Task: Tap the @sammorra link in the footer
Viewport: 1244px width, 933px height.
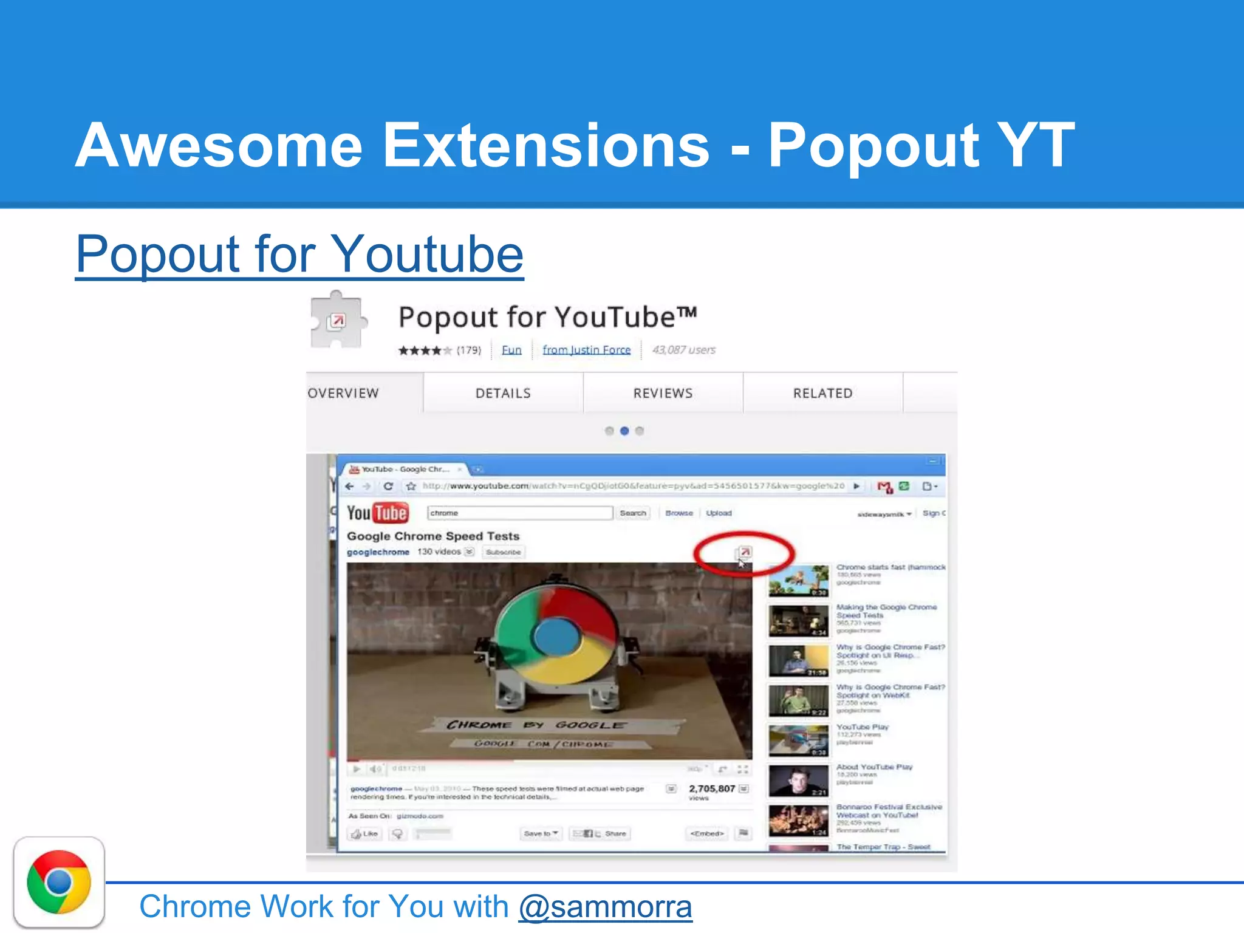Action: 605,906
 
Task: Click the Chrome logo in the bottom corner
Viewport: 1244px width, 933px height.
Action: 59,882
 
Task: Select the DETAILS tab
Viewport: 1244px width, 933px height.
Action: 503,393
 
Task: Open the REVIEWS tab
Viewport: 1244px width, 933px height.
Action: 663,393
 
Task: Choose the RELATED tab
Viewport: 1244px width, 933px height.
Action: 822,393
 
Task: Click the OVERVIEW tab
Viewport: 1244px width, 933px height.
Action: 344,393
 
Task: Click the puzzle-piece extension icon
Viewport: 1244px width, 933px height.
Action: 337,320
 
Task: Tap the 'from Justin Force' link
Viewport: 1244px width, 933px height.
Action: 586,350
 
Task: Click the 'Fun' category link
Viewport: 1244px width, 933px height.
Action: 511,350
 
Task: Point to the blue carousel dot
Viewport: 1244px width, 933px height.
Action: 624,431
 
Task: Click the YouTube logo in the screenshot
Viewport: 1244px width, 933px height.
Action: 377,513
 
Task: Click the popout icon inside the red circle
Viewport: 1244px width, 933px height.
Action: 745,552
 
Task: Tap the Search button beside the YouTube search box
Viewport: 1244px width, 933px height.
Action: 632,513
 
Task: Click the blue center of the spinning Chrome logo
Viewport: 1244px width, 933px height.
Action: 557,636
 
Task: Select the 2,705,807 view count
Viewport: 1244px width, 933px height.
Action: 712,788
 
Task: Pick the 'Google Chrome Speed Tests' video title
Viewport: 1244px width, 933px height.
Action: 433,536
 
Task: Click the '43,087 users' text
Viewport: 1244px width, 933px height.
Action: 683,350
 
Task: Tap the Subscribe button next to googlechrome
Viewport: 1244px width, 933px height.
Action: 503,552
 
